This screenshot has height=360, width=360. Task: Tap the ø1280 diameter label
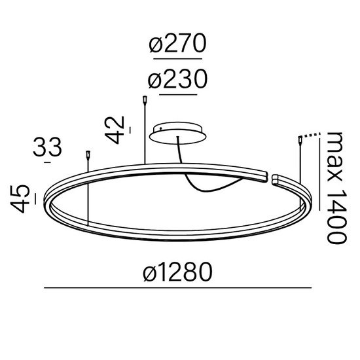click(177, 272)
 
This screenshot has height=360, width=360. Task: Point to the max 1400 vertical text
click(336, 187)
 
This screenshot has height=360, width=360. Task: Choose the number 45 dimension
click(21, 197)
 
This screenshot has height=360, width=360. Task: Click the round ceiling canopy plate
click(177, 133)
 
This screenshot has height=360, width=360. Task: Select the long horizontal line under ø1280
click(177, 289)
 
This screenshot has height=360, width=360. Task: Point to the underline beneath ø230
click(177, 95)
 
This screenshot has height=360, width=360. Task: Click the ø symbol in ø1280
click(150, 272)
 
